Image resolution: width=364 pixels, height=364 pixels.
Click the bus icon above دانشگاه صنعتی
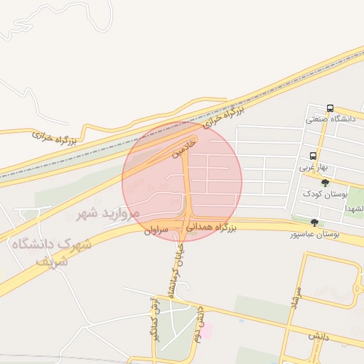pyautogui.click(x=330, y=108)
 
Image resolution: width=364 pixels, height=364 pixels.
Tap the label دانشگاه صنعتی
pyautogui.click(x=329, y=119)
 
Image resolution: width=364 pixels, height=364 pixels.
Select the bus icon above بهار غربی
pyautogui.click(x=313, y=156)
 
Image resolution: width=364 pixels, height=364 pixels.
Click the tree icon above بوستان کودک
pyautogui.click(x=326, y=183)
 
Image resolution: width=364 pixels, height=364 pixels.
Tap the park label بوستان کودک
pyautogui.click(x=323, y=193)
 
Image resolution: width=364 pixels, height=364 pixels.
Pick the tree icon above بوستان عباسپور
pyautogui.click(x=314, y=223)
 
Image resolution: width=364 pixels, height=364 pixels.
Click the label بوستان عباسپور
pyautogui.click(x=314, y=234)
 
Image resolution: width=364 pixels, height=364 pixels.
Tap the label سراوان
pyautogui.click(x=157, y=230)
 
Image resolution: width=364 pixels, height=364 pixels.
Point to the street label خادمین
pyautogui.click(x=183, y=147)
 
